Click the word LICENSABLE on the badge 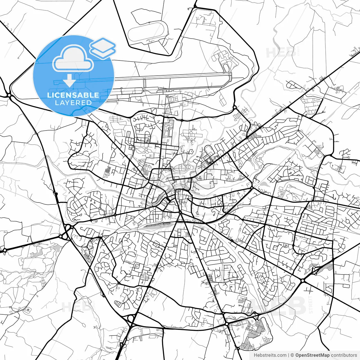coord(73,95)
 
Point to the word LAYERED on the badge coord(73,103)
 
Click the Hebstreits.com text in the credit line coord(270,355)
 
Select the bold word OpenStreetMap coord(312,355)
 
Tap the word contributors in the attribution coord(344,355)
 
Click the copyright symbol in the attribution coord(292,355)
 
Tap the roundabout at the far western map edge coord(4,250)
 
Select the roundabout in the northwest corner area coord(10,96)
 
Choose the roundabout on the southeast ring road coord(303,280)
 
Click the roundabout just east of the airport coord(235,107)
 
